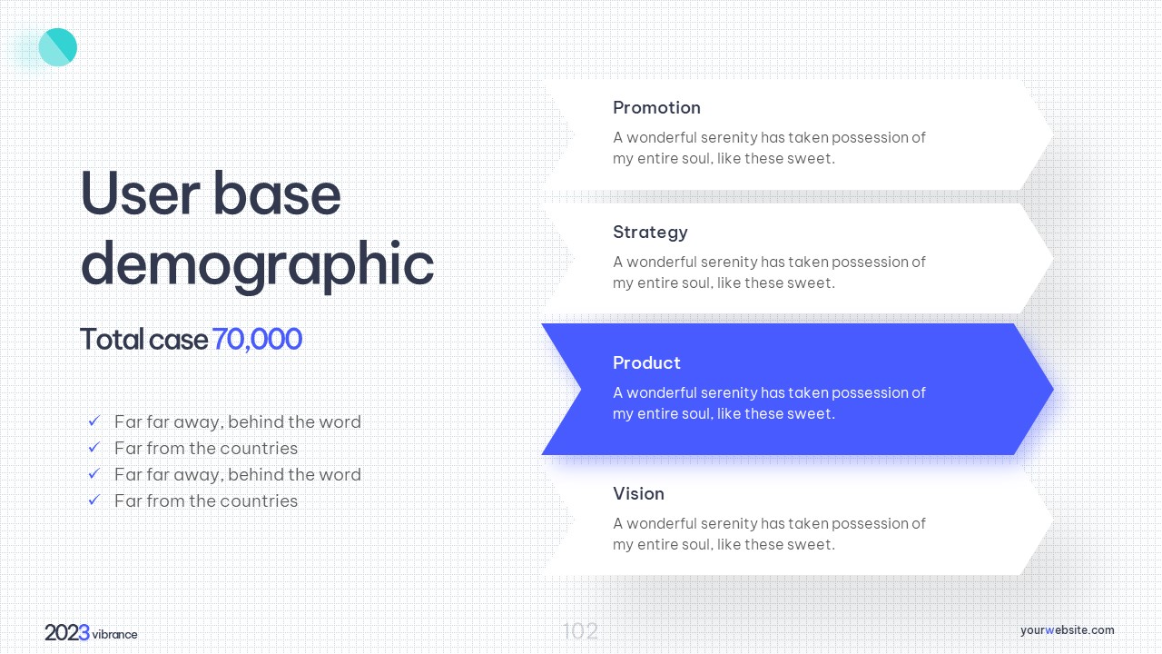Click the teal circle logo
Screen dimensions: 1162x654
[x=57, y=47]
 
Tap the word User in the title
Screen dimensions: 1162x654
[x=140, y=193]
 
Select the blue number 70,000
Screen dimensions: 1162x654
[x=257, y=340]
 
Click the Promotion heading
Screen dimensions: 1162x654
[x=656, y=107]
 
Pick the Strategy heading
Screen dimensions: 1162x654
[x=650, y=233]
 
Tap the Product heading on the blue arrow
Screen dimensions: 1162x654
[x=646, y=362]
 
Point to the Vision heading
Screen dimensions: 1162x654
[x=638, y=493]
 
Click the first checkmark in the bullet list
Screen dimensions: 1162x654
[x=94, y=421]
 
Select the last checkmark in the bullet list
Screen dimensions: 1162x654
[x=94, y=500]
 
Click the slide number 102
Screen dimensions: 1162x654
[x=580, y=631]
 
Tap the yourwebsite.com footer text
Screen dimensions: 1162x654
[x=1067, y=630]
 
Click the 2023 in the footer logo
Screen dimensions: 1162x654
[x=67, y=633]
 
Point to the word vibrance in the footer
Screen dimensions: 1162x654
[x=114, y=634]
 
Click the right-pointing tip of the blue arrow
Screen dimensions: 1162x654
[x=1052, y=389]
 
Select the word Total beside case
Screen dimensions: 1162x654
[x=112, y=340]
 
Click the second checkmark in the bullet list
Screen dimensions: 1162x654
[x=94, y=447]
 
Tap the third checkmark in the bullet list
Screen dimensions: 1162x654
[x=94, y=473]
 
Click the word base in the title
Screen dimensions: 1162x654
[x=277, y=193]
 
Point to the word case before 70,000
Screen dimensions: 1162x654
[x=179, y=341]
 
